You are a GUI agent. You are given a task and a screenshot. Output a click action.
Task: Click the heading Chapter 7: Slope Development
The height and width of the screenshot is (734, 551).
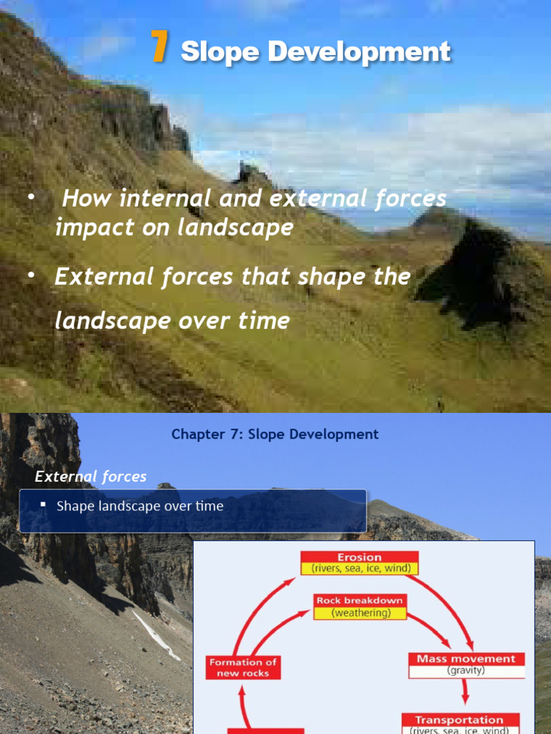coord(275,434)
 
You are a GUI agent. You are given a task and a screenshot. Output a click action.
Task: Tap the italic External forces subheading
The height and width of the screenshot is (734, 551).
coord(90,477)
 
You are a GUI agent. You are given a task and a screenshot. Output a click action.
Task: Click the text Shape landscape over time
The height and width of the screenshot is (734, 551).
coord(140,506)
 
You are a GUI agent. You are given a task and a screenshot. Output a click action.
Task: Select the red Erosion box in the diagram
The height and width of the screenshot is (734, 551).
coord(359,556)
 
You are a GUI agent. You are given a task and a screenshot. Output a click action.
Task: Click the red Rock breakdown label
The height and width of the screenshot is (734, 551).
coord(359,600)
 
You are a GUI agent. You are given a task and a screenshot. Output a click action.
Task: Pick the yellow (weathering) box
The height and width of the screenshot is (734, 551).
coord(359,614)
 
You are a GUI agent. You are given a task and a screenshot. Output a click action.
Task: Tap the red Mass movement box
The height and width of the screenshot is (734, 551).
coord(466,659)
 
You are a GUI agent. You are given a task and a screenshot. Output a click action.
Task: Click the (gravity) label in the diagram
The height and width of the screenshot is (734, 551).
coord(466,671)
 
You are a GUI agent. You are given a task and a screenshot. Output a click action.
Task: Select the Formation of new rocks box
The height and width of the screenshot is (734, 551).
coord(243,667)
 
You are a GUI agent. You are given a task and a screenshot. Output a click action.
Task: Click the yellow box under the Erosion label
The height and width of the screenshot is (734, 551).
coord(359,568)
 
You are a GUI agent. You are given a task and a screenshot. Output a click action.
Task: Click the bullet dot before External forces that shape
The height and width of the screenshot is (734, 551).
coord(31,277)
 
